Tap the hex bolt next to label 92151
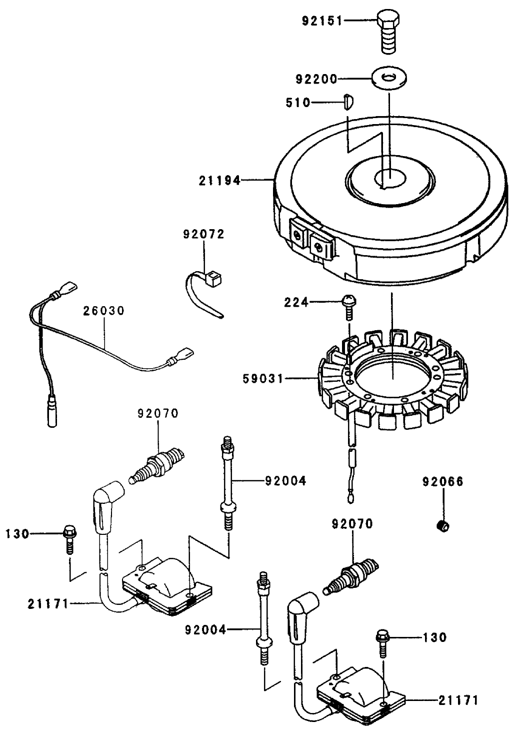[x=388, y=31]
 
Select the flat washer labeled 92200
[x=388, y=78]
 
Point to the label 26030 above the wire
[x=103, y=310]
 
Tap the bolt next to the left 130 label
[x=69, y=538]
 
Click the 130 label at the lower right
[x=434, y=637]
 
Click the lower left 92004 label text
[x=205, y=630]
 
